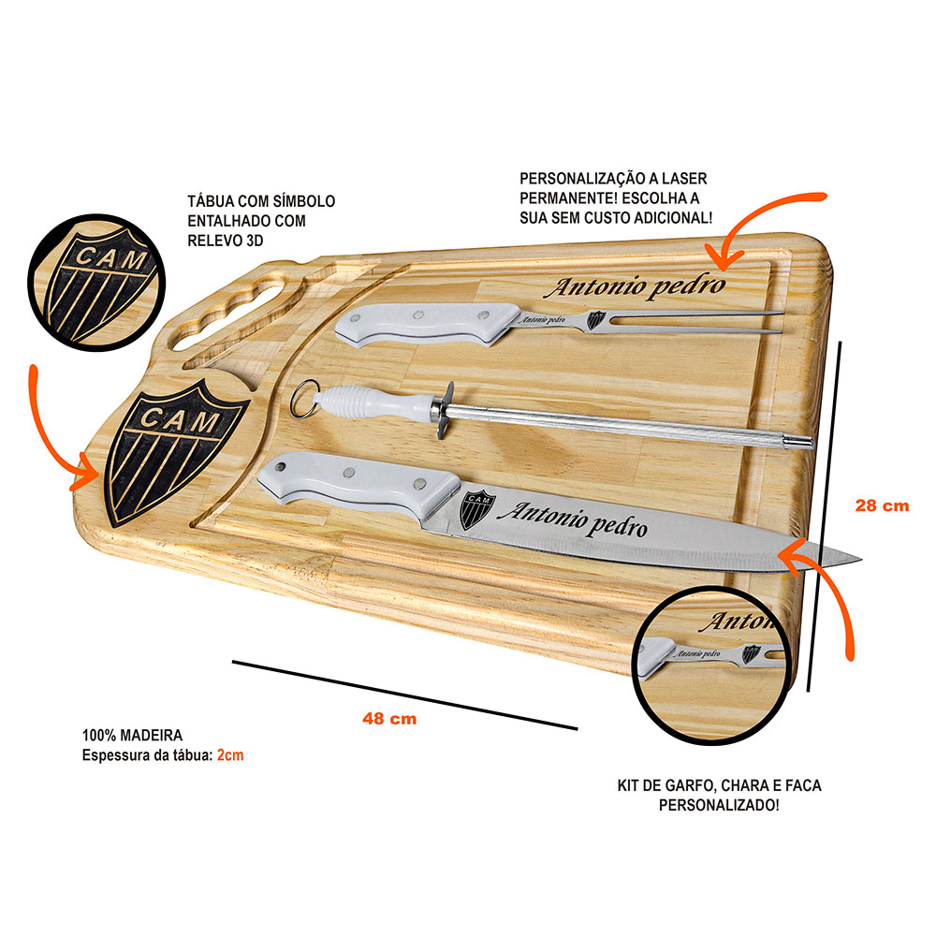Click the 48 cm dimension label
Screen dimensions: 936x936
pyautogui.click(x=389, y=719)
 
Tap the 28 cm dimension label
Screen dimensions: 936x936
pyautogui.click(x=882, y=505)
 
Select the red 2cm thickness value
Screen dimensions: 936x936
pyautogui.click(x=230, y=754)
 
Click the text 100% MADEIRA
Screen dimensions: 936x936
pyautogui.click(x=132, y=736)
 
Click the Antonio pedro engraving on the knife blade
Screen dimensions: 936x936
pyautogui.click(x=573, y=520)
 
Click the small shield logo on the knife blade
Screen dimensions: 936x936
pyautogui.click(x=476, y=508)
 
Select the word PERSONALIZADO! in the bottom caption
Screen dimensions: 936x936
pyautogui.click(x=719, y=805)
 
